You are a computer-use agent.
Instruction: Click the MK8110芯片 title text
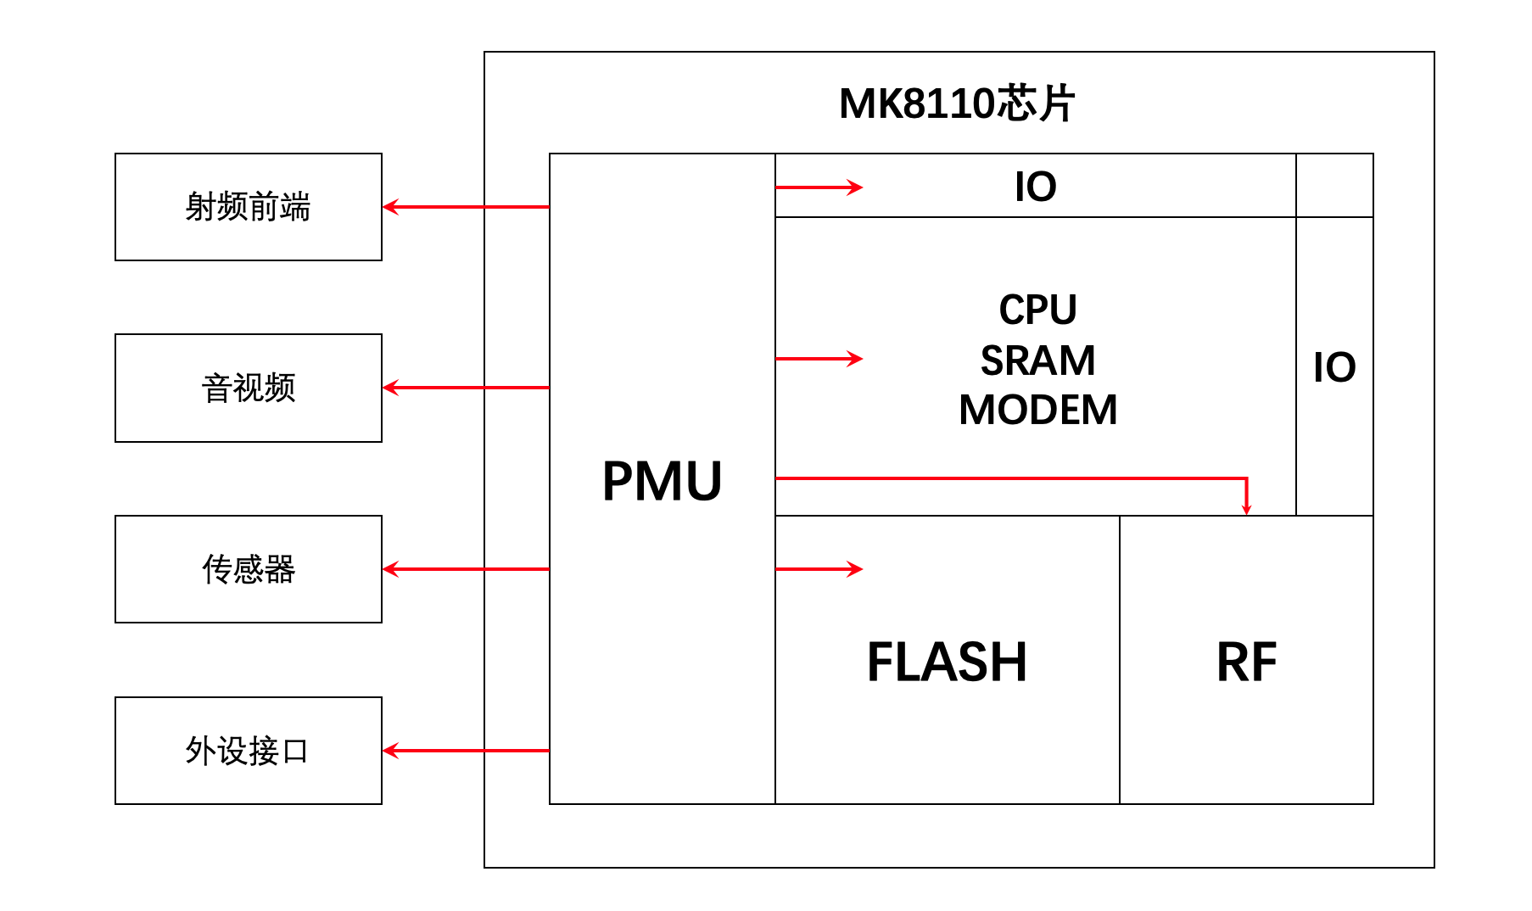click(x=957, y=103)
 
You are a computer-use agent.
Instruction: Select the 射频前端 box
click(x=249, y=207)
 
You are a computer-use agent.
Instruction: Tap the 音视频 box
click(x=249, y=388)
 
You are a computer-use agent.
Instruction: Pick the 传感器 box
click(x=249, y=569)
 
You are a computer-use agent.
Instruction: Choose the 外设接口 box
click(x=249, y=751)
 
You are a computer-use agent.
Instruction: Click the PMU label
click(x=662, y=481)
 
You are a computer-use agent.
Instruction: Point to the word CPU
click(x=1037, y=310)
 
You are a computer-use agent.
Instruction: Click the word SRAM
click(x=1037, y=360)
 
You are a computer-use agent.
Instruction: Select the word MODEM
click(x=1037, y=410)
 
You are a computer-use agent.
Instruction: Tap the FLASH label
click(x=947, y=662)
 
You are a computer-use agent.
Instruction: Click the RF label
click(x=1246, y=662)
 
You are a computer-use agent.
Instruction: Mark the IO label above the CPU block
click(x=1035, y=187)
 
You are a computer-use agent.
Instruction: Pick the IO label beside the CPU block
click(x=1334, y=367)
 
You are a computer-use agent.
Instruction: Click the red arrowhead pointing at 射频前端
click(x=390, y=207)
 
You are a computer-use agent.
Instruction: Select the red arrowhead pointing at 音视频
click(x=390, y=388)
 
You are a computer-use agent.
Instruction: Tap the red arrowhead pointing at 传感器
click(x=390, y=569)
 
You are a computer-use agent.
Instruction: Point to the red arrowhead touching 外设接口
click(x=390, y=751)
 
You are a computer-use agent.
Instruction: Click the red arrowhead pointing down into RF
click(x=1246, y=508)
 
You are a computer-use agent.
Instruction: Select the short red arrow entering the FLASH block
click(x=819, y=569)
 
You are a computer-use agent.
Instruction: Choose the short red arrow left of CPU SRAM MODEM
click(x=819, y=359)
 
